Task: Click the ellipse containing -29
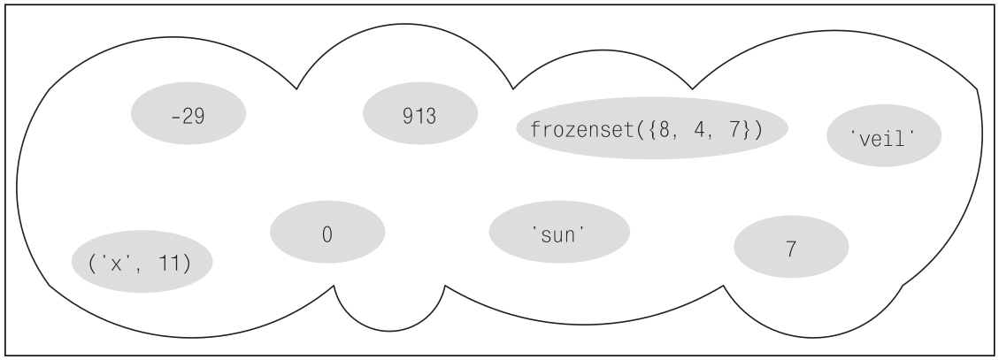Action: [x=188, y=115]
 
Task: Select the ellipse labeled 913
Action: [x=419, y=115]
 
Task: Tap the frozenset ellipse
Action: [x=651, y=127]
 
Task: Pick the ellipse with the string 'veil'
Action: [x=883, y=138]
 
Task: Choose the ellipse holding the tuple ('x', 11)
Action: [x=141, y=263]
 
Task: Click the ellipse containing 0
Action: [x=327, y=234]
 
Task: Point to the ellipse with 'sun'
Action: [x=559, y=232]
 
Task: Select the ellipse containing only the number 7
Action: [x=790, y=249]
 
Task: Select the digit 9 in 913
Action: [x=408, y=115]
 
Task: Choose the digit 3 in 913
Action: [x=431, y=115]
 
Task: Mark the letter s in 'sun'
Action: [x=541, y=233]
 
